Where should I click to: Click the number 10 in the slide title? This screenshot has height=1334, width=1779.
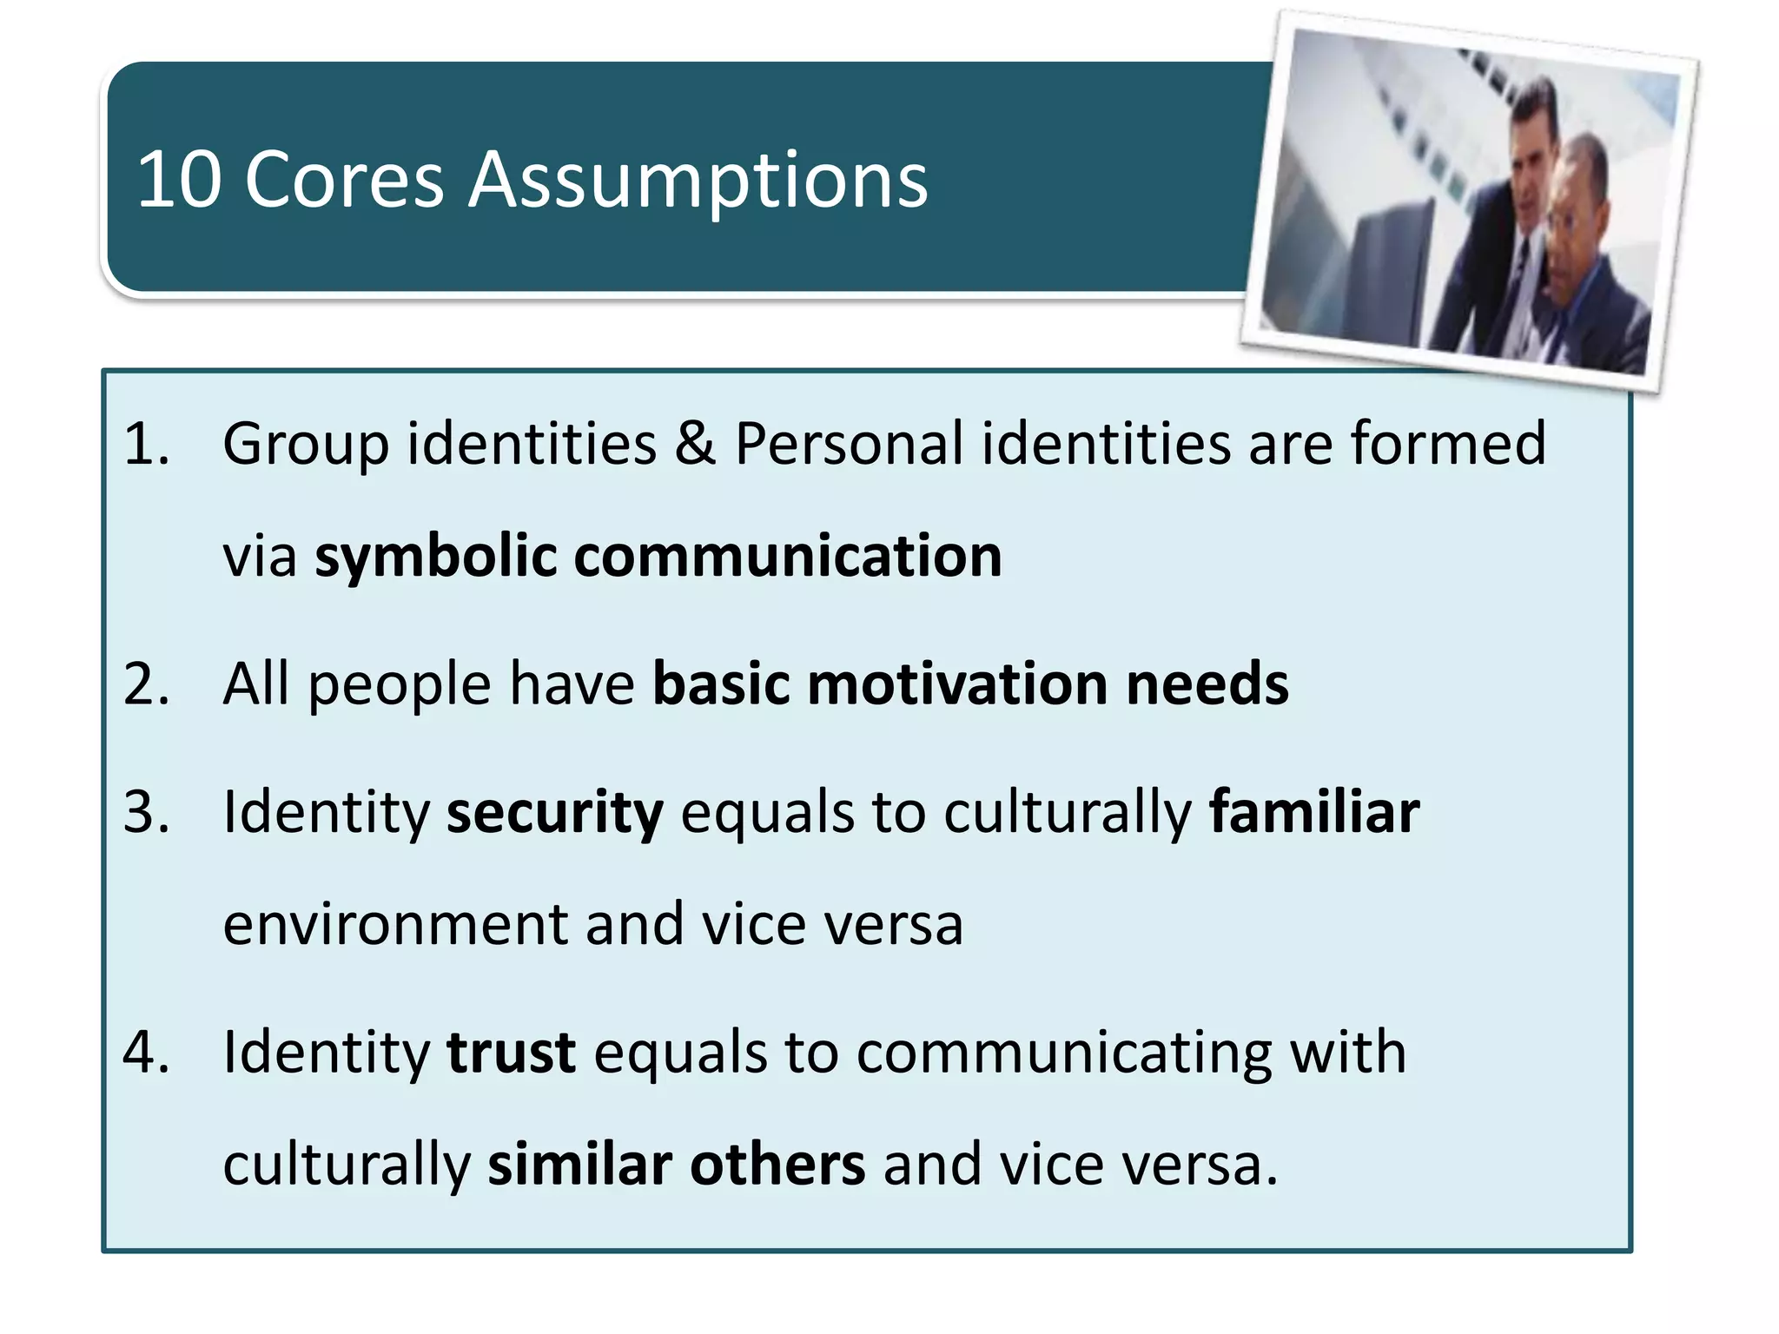pos(180,180)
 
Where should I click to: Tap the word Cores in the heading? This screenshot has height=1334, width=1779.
pos(344,180)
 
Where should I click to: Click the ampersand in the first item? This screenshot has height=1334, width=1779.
pos(695,444)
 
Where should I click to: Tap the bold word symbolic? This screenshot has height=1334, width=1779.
pos(435,557)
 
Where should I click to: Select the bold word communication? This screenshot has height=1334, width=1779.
pos(788,557)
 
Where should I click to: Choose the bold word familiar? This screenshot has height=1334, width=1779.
pos(1314,813)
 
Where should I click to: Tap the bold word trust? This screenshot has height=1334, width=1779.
pos(511,1053)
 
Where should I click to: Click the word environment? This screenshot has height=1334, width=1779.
pos(394,924)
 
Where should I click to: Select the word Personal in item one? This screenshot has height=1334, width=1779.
pos(849,444)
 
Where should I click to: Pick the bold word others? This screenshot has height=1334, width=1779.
pos(777,1165)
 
